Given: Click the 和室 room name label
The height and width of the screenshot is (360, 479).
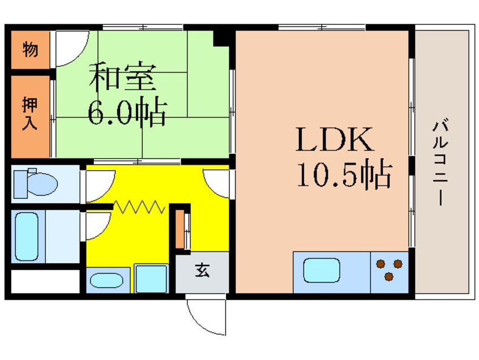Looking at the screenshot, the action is [122, 77].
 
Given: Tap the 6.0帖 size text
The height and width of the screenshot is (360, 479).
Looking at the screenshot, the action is [127, 112].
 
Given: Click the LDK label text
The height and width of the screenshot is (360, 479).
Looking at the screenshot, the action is [335, 140].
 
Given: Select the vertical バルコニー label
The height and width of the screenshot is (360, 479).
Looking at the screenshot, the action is [440, 164].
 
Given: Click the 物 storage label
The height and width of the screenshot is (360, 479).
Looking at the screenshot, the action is [30, 49].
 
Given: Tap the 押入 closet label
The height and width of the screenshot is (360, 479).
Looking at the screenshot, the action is [29, 114].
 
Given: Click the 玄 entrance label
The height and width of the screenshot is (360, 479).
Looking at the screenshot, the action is [202, 270].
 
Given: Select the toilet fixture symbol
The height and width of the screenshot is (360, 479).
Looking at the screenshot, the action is [36, 183].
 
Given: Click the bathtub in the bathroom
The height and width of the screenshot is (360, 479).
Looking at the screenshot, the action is [27, 237].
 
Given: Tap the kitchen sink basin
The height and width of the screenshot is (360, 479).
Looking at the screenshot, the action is [322, 270].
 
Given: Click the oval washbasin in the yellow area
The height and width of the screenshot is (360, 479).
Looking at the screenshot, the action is [106, 280].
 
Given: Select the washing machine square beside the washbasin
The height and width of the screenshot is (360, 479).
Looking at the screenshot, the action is [152, 278].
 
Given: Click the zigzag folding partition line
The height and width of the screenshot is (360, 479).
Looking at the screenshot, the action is [139, 207].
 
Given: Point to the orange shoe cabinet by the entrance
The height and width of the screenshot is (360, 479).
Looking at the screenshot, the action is [179, 229].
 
